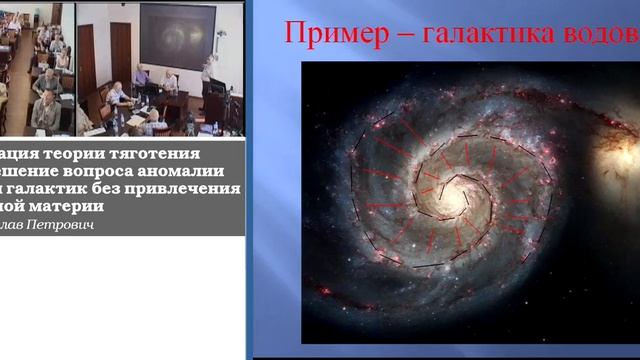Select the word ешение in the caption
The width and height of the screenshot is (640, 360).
coord(34,171)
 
